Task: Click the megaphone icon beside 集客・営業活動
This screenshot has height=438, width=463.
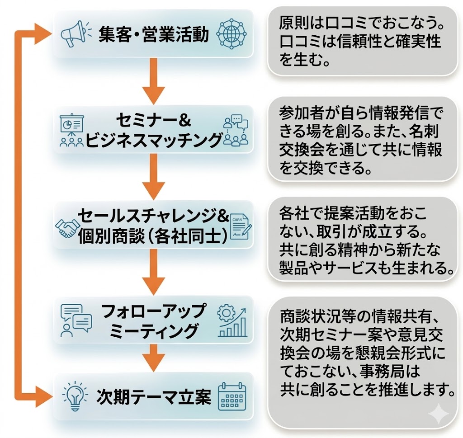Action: click(x=72, y=33)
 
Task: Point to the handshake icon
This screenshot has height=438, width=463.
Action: click(x=67, y=228)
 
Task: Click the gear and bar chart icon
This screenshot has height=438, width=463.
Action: click(x=232, y=321)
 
